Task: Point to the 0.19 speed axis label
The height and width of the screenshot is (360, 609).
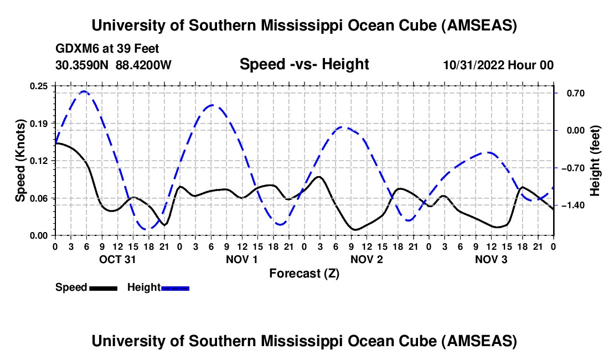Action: click(x=40, y=123)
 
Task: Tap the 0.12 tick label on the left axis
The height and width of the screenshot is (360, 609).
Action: click(x=40, y=161)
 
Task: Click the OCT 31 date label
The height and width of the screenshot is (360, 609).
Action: click(x=117, y=259)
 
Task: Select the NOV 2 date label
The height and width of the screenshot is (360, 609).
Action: click(x=367, y=259)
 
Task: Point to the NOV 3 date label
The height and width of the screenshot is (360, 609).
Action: click(x=491, y=259)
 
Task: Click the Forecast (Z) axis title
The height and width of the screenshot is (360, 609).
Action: click(x=304, y=273)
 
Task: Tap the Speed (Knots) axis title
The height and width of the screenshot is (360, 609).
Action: click(x=20, y=161)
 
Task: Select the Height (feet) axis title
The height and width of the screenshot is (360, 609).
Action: click(x=595, y=161)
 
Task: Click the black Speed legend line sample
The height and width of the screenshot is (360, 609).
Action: click(x=103, y=288)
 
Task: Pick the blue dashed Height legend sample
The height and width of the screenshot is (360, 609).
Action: click(x=175, y=288)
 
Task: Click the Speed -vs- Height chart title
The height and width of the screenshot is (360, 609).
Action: click(x=304, y=65)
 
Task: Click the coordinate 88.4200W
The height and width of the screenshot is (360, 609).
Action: click(x=143, y=65)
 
